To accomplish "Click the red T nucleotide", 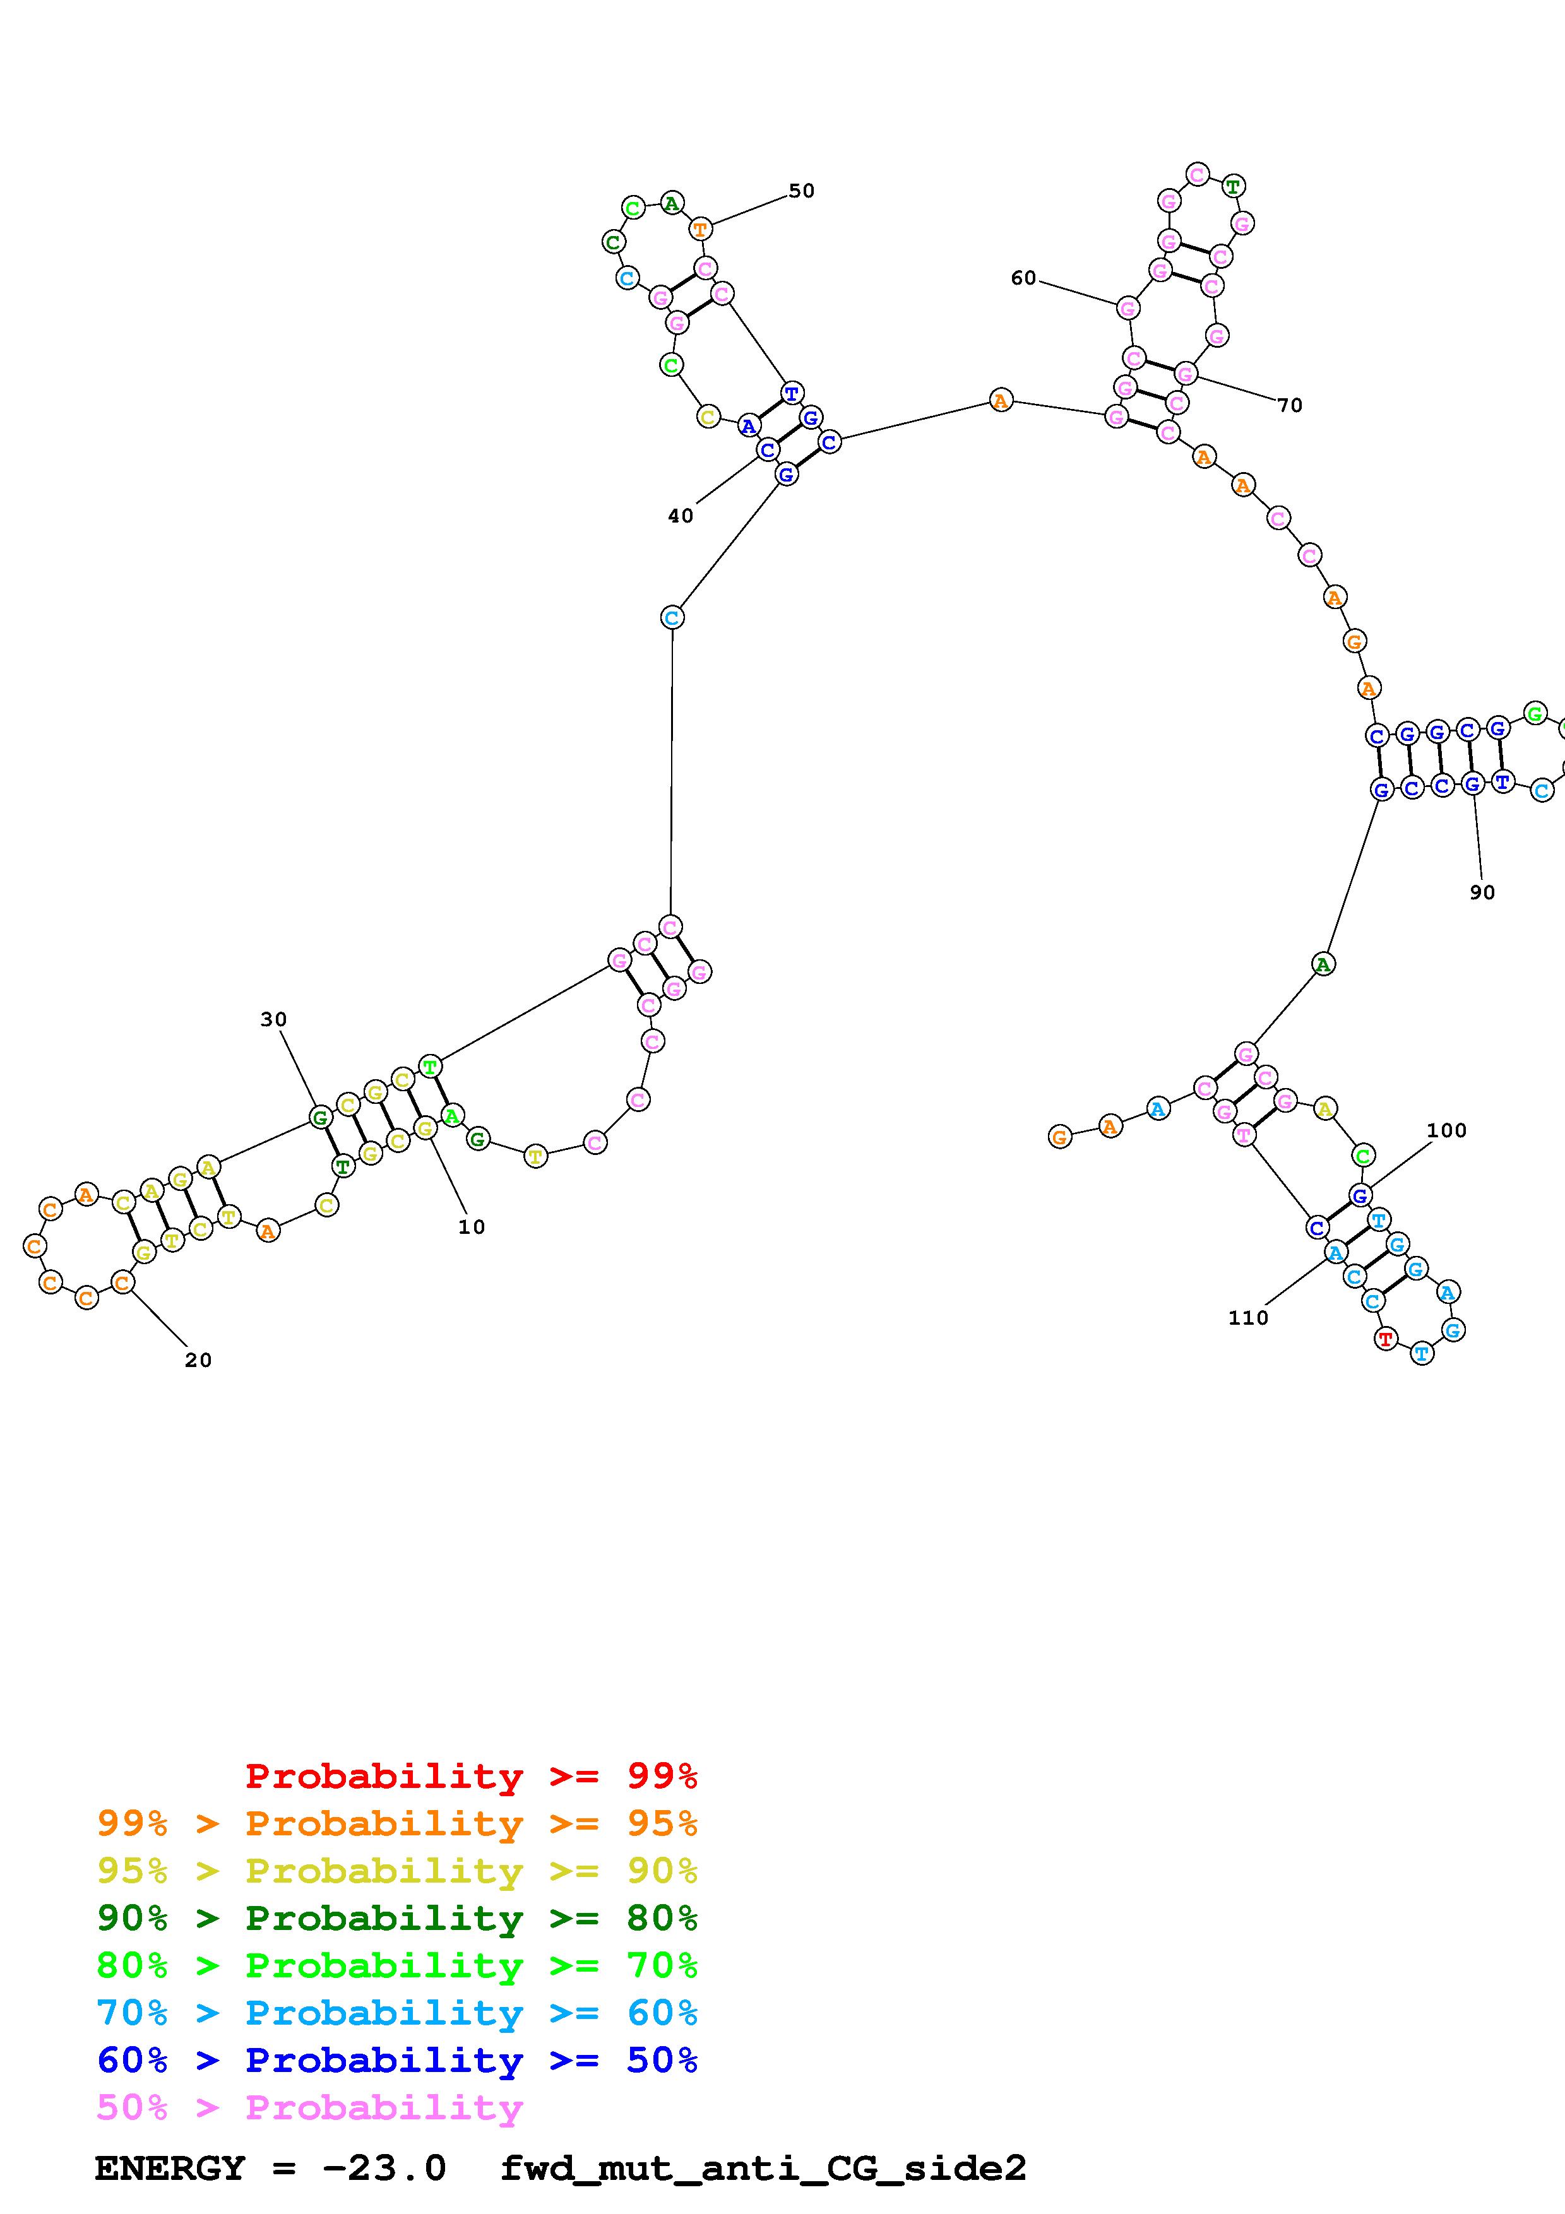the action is (x=1386, y=1339).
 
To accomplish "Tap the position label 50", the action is (x=801, y=191).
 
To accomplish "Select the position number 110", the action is (x=1247, y=1318).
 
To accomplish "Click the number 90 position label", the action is (x=1482, y=893).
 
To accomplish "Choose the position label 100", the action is (x=1446, y=1130).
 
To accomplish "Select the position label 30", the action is (x=274, y=1019).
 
